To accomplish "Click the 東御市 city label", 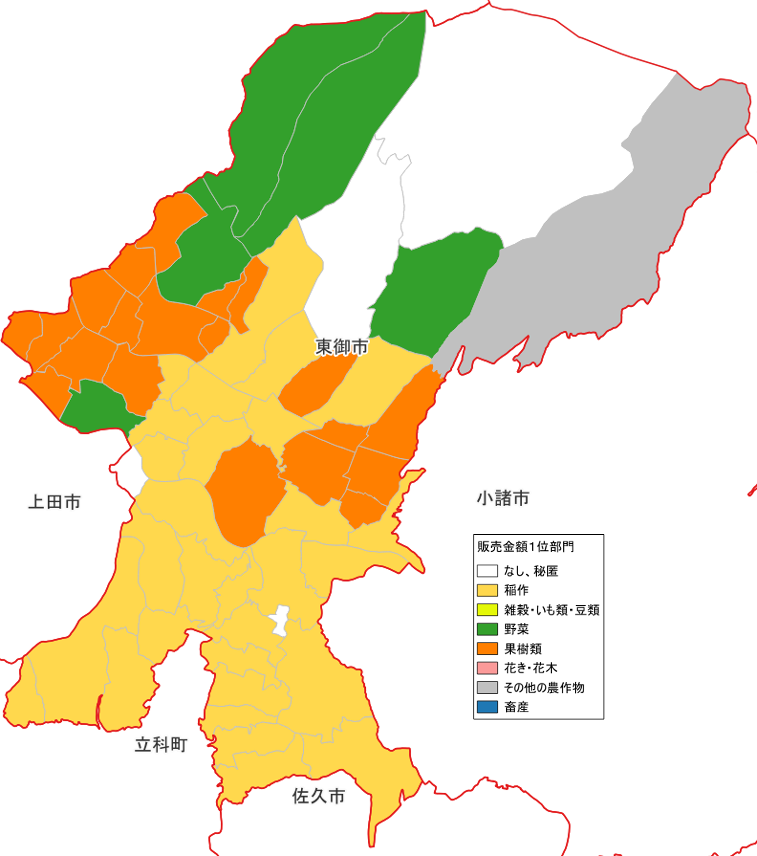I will pyautogui.click(x=341, y=347).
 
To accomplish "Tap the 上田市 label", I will pyautogui.click(x=54, y=502).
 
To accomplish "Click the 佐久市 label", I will pyautogui.click(x=318, y=796).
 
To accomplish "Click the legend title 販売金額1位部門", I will pyautogui.click(x=525, y=546).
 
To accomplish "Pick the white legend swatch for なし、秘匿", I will pyautogui.click(x=487, y=571).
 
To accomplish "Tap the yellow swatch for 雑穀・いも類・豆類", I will pyautogui.click(x=487, y=610).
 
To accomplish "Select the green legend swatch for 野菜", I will pyautogui.click(x=487, y=629).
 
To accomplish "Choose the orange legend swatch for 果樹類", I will pyautogui.click(x=487, y=649).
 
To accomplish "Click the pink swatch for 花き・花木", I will pyautogui.click(x=487, y=668).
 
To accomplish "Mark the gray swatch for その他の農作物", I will pyautogui.click(x=487, y=688).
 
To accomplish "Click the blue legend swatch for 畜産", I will pyautogui.click(x=487, y=707).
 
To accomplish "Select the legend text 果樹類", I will pyautogui.click(x=523, y=649).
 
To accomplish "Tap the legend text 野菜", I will pyautogui.click(x=516, y=629).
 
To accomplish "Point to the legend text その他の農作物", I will pyautogui.click(x=544, y=688).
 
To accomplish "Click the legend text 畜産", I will pyautogui.click(x=516, y=707).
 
